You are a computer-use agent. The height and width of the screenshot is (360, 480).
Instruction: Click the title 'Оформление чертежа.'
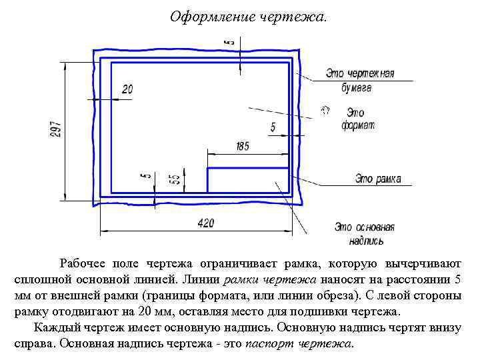click(x=249, y=15)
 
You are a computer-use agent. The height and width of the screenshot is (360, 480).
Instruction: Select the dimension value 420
click(x=206, y=223)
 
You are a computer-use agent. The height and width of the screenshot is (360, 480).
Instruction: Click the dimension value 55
click(x=175, y=179)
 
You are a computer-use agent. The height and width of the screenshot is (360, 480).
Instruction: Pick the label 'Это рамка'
click(x=378, y=178)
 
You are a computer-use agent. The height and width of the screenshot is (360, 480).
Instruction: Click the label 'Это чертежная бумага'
click(x=359, y=79)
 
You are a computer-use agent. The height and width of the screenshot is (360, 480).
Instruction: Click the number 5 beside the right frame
click(x=273, y=127)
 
